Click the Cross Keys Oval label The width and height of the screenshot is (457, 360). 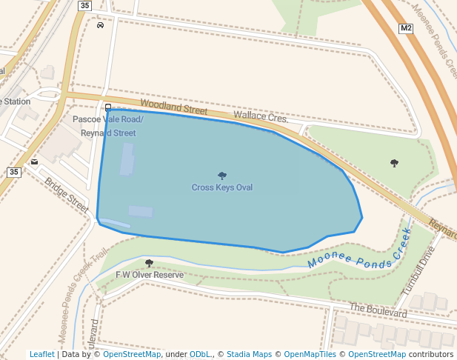click(x=222, y=188)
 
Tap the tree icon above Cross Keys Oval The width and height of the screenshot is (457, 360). click(x=222, y=176)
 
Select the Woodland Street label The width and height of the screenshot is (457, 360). click(x=174, y=108)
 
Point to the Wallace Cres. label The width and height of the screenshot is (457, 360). click(x=260, y=117)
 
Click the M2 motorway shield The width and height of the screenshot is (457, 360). click(x=405, y=29)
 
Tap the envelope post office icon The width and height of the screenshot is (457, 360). click(x=35, y=161)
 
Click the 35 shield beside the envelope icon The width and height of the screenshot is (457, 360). click(x=14, y=172)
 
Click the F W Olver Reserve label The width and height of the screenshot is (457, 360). click(x=149, y=275)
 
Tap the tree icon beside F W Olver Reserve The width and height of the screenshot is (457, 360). click(x=149, y=263)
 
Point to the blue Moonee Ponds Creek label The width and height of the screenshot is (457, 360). click(x=358, y=250)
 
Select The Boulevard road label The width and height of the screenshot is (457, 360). click(x=378, y=310)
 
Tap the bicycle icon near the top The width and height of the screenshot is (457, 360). click(x=100, y=25)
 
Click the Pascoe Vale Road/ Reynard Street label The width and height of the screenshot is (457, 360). click(x=108, y=126)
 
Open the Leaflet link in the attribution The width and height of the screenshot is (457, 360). click(x=41, y=355)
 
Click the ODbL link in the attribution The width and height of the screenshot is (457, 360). click(x=200, y=355)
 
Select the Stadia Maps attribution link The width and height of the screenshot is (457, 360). click(x=249, y=355)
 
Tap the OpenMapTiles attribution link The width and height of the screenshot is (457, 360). click(x=311, y=355)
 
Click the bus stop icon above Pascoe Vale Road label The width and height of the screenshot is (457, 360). click(x=108, y=107)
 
